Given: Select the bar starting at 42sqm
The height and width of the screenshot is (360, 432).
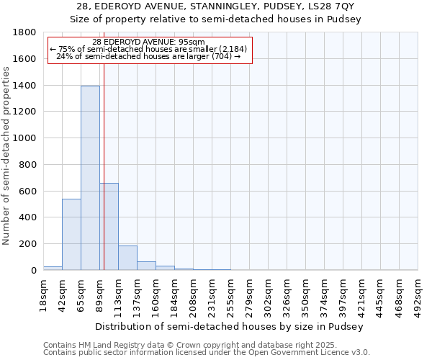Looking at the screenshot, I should pyautogui.click(x=71, y=234).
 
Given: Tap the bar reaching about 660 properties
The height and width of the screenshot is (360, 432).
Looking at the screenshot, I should pyautogui.click(x=109, y=226).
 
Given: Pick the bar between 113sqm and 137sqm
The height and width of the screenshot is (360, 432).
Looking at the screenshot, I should pyautogui.click(x=127, y=258).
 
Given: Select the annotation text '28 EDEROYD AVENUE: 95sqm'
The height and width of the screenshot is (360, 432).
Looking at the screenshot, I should pyautogui.click(x=149, y=42).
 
